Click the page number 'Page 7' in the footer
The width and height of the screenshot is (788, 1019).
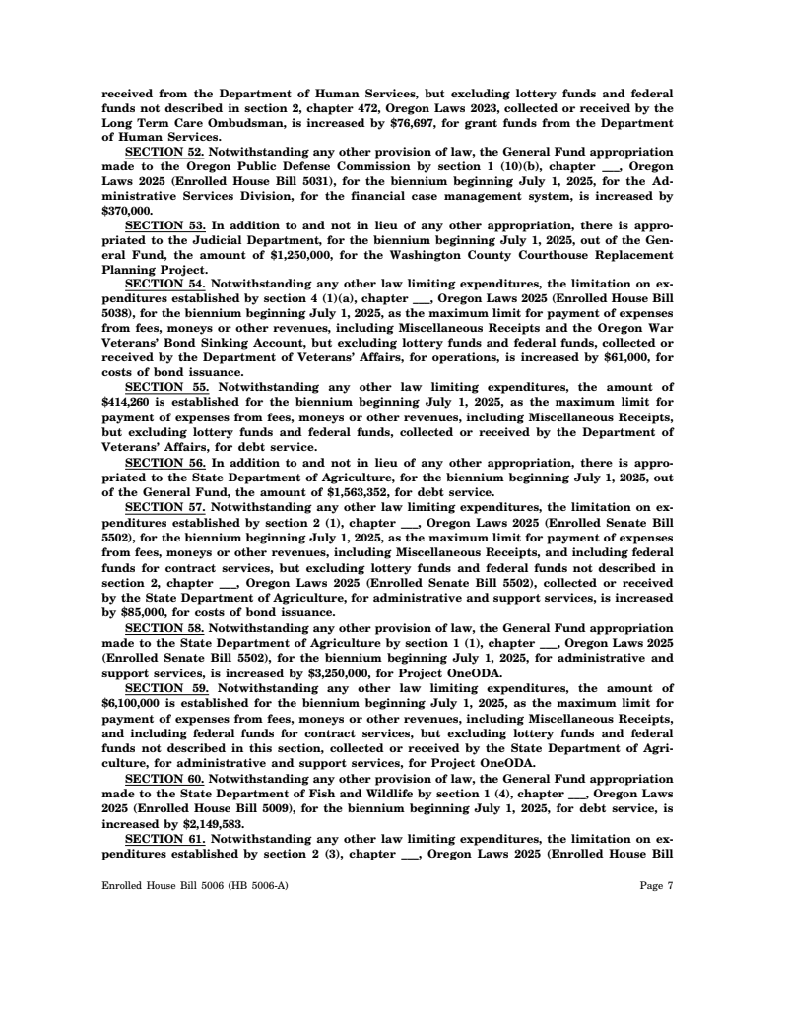tap(656, 885)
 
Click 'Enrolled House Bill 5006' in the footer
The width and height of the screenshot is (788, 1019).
tap(157, 885)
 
